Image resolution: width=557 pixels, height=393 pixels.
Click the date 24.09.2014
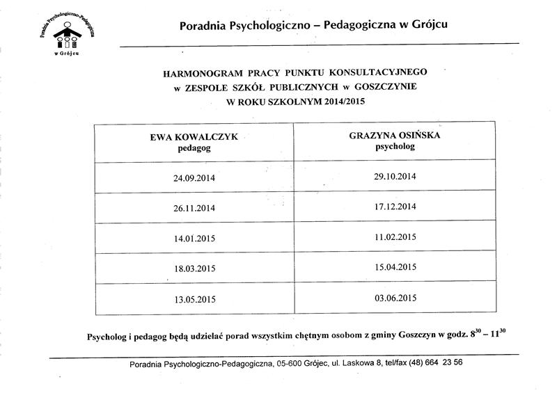pyautogui.click(x=194, y=178)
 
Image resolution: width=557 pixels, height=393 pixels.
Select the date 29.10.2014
pyautogui.click(x=395, y=177)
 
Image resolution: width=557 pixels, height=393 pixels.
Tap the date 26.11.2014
pyautogui.click(x=194, y=208)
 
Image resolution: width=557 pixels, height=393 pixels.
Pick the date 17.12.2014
pyautogui.click(x=395, y=207)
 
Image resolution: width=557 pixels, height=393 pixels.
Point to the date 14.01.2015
pyautogui.click(x=194, y=239)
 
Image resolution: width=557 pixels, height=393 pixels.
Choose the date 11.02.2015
pyautogui.click(x=395, y=236)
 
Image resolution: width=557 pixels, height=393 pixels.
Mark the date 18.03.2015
pyautogui.click(x=194, y=269)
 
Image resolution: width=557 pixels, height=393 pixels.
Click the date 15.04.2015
pyautogui.click(x=395, y=266)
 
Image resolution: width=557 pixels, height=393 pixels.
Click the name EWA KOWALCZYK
pyautogui.click(x=194, y=138)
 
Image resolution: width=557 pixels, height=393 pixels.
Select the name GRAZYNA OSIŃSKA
pyautogui.click(x=395, y=136)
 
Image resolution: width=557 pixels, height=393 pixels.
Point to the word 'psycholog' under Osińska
pyautogui.click(x=395, y=147)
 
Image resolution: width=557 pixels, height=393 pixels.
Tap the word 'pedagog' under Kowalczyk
pyautogui.click(x=194, y=148)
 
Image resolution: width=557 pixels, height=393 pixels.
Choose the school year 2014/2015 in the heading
pyautogui.click(x=341, y=102)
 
